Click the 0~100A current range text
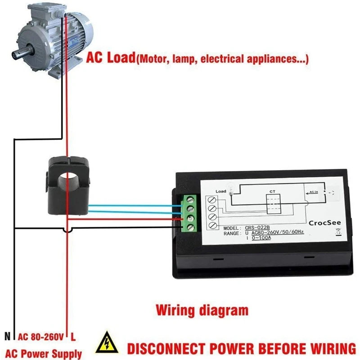(x=261, y=238)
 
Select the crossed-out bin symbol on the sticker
(x=338, y=233)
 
